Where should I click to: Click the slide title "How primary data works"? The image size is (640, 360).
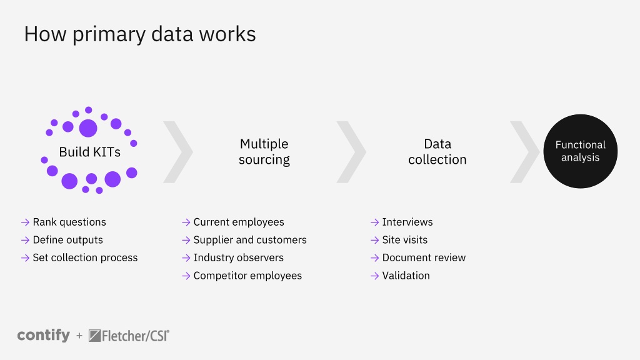(x=140, y=34)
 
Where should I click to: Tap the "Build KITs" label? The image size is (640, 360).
(x=90, y=152)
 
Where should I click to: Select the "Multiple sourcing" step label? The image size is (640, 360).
(x=264, y=151)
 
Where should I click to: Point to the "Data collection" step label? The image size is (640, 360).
(x=437, y=151)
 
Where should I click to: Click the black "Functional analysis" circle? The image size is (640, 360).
(x=581, y=151)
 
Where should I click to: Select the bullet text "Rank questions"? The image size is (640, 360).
(x=69, y=222)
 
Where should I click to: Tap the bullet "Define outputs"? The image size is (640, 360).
(x=67, y=240)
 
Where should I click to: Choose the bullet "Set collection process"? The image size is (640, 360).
(x=85, y=258)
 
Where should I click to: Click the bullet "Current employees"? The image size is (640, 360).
(x=239, y=222)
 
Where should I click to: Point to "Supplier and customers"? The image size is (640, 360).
(x=250, y=240)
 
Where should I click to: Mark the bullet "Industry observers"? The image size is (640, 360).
(x=239, y=258)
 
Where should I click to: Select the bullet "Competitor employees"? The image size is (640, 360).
(x=247, y=276)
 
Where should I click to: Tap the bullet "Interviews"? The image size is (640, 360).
(x=407, y=222)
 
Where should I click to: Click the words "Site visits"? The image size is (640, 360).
(x=405, y=240)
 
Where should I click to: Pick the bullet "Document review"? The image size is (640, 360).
(x=424, y=258)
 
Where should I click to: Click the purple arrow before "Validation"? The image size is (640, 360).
(x=375, y=276)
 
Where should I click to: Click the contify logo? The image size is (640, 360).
(x=44, y=336)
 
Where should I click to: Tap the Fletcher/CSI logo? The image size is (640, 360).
(x=129, y=336)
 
